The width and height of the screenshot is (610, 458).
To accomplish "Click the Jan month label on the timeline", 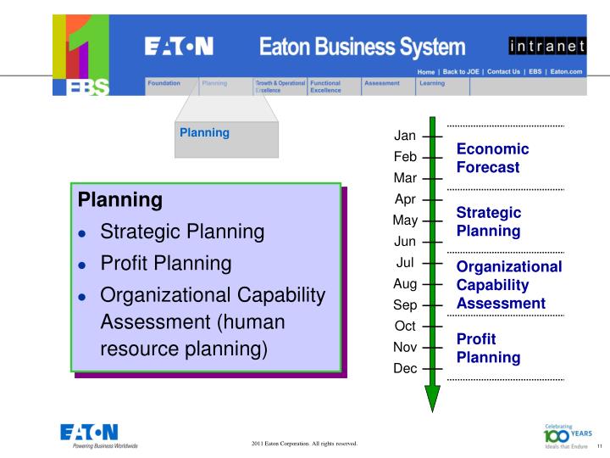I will coord(405,136).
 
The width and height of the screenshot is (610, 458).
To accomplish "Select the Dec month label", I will coord(404,368).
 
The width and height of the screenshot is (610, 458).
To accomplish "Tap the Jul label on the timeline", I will coord(404,262).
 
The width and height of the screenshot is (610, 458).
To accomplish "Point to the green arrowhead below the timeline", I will coord(432,397).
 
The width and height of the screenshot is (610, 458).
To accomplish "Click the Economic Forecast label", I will coord(492,158).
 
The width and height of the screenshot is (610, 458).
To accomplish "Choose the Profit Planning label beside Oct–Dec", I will coord(488,348).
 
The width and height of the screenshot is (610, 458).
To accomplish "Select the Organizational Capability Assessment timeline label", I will coord(508,284).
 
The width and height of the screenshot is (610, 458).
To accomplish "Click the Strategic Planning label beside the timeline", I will coord(488,221).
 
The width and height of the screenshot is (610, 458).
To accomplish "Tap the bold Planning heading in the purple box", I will coord(119,201).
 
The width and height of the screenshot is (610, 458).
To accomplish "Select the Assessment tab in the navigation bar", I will coord(381,83).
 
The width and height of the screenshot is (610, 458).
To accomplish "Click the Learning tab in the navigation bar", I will coord(432,83).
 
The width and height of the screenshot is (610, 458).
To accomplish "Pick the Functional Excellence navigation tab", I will coord(325,87).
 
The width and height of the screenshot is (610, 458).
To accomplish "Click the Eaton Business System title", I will coord(363,46).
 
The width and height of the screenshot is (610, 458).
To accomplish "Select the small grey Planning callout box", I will coord(226,140).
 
